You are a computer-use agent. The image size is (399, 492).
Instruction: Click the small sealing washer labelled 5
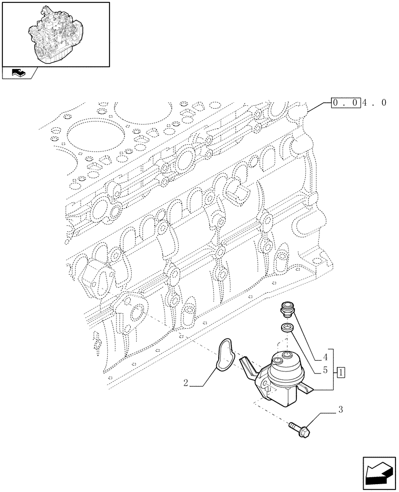tap(286, 327)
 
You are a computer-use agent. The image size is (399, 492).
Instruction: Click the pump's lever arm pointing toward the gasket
tap(247, 367)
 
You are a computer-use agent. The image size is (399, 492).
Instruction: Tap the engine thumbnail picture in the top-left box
tap(55, 33)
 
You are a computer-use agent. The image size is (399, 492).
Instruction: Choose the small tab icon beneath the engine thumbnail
tap(19, 74)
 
